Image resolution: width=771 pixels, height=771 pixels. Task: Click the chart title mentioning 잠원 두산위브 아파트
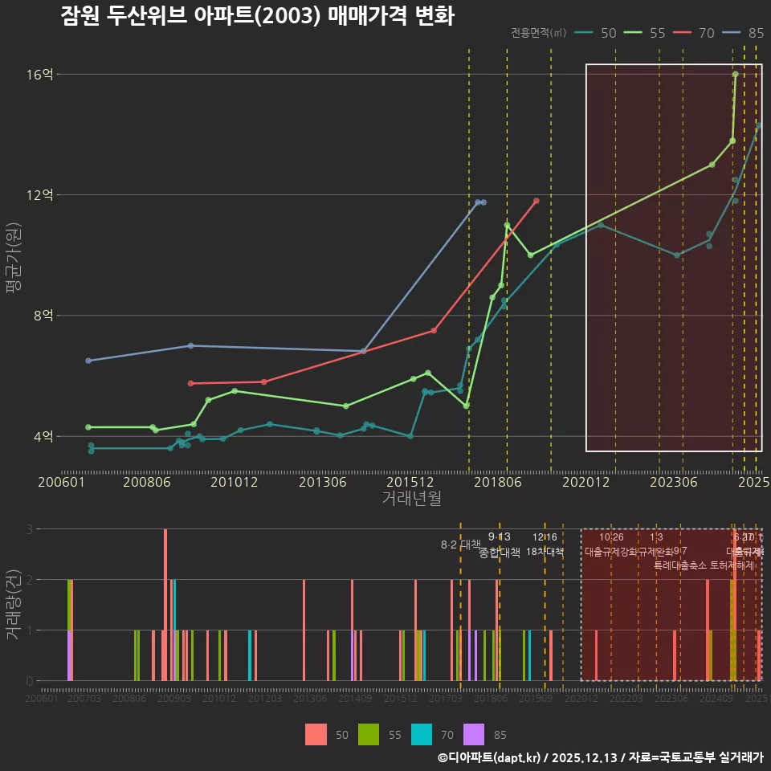point(257,16)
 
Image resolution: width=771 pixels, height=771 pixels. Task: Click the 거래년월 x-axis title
point(411,499)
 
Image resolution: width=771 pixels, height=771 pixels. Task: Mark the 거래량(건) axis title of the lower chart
point(14,604)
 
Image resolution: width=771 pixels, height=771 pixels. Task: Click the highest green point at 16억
point(736,74)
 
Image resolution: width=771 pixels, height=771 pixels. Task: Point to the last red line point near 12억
point(536,201)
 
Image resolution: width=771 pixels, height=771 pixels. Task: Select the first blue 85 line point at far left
point(88,361)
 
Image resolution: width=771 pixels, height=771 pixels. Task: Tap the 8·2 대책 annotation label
point(460,545)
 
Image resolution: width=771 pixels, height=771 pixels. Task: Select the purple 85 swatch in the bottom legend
point(475,734)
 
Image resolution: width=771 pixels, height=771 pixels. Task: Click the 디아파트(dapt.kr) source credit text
point(490,757)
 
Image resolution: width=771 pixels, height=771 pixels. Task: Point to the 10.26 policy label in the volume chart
point(611,537)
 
